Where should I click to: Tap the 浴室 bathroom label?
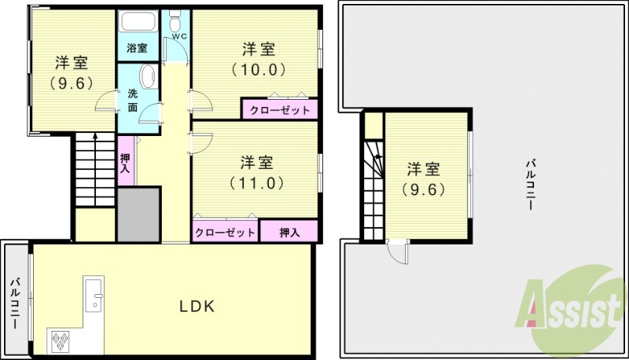coord(137,48)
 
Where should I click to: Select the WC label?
coord(178,35)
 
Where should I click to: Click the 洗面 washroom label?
coord(133,100)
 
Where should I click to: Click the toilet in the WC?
coord(175,17)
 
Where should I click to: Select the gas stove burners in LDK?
coord(61,340)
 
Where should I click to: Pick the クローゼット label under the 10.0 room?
coord(280,109)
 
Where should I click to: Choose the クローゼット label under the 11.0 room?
coord(225,233)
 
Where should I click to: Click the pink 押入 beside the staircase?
coord(126,162)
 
